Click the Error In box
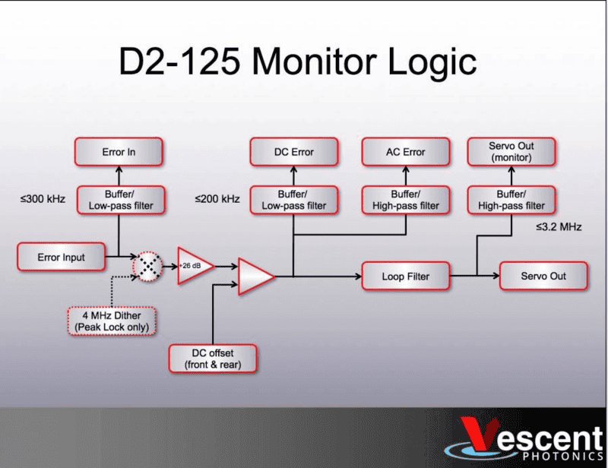119,152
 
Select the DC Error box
293,152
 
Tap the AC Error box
404,152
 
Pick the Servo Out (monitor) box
511,152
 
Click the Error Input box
61,258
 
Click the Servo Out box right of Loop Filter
543,276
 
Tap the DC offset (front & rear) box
213,358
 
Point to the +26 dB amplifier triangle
193,266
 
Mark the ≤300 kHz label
43,200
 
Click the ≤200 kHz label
217,200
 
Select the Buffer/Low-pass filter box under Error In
119,200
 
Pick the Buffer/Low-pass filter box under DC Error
293,200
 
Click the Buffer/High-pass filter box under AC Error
404,200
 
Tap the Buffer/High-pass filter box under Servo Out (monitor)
511,200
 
